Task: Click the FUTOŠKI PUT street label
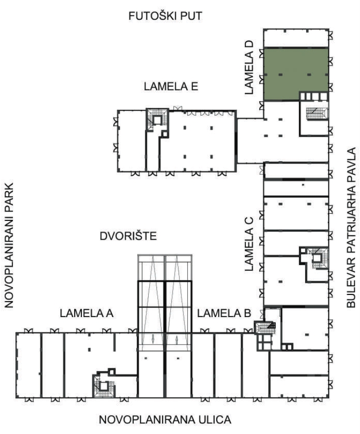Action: [x=166, y=16]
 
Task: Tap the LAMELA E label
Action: [x=171, y=86]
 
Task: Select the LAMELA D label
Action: [x=249, y=67]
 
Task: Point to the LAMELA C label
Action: [x=249, y=244]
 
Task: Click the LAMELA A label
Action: [x=87, y=313]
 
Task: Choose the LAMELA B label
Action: [x=224, y=313]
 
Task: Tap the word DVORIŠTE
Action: [x=128, y=236]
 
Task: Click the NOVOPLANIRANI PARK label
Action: [x=9, y=245]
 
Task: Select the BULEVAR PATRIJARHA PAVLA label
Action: [x=351, y=228]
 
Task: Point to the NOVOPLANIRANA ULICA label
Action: [x=165, y=420]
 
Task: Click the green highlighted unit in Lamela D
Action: [x=296, y=74]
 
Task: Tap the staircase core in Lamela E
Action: [x=157, y=120]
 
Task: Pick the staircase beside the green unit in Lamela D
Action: [x=317, y=114]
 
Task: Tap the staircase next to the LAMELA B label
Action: [x=265, y=328]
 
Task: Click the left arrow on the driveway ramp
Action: [x=153, y=339]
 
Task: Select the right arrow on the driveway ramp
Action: [x=177, y=339]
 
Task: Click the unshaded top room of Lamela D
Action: [x=296, y=38]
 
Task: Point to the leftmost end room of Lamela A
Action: [x=29, y=365]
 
